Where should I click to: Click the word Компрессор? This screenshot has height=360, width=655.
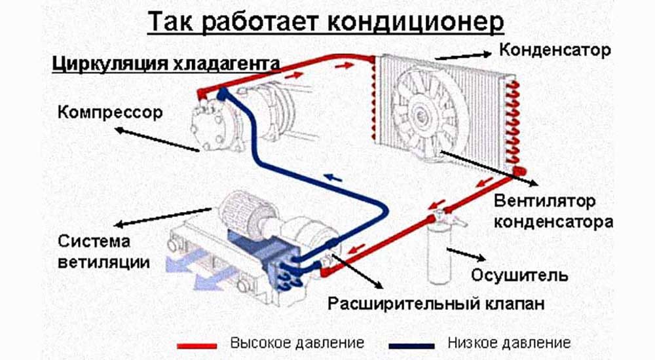(x=109, y=112)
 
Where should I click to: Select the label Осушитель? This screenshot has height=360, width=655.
(x=521, y=275)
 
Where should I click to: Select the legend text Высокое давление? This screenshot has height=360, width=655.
(x=297, y=342)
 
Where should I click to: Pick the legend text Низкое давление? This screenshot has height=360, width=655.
(x=509, y=342)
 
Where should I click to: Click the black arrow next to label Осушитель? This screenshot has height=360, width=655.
(x=466, y=254)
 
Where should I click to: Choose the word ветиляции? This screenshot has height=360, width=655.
(x=103, y=262)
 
